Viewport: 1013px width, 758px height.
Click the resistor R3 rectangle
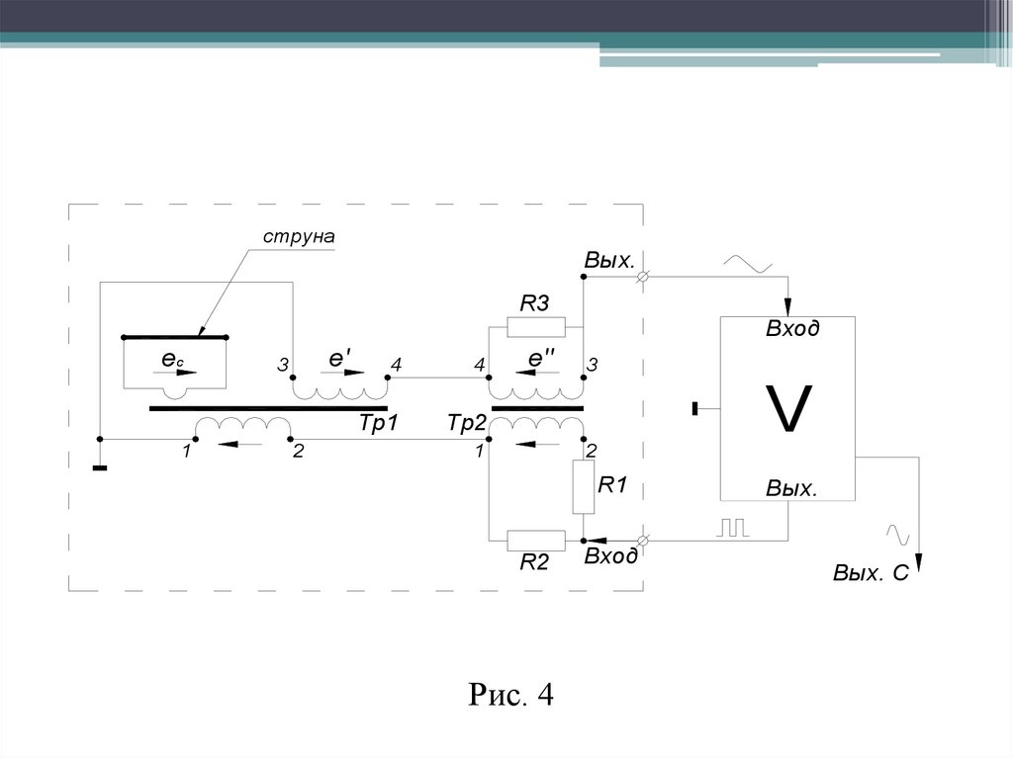click(535, 327)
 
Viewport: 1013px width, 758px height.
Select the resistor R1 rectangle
click(583, 486)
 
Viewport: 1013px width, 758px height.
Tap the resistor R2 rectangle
click(535, 541)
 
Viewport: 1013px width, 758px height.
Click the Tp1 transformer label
click(377, 422)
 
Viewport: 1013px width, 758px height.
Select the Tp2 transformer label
click(466, 422)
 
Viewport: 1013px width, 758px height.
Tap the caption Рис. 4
click(510, 695)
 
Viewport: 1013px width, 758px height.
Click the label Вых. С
click(871, 573)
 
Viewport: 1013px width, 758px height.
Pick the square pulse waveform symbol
click(733, 528)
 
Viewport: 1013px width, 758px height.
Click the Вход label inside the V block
click(792, 329)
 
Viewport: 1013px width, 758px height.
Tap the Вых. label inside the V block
click(791, 489)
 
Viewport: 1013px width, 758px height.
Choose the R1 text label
click(608, 484)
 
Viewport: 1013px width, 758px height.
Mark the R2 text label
click(534, 563)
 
